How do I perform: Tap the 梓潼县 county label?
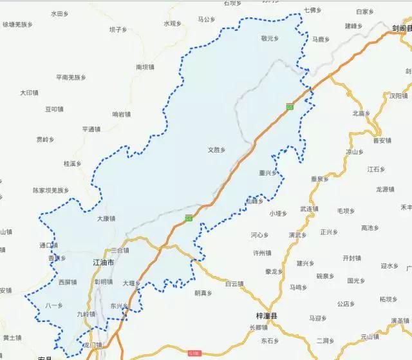click(x=266, y=316)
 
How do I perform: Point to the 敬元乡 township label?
click(x=270, y=39)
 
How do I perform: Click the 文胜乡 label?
click(x=216, y=149)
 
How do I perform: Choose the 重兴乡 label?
click(x=267, y=173)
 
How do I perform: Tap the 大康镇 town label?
click(x=106, y=218)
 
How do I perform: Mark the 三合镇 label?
click(x=120, y=250)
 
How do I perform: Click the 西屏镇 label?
click(x=67, y=282)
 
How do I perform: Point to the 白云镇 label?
click(x=234, y=283)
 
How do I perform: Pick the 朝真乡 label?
click(x=203, y=293)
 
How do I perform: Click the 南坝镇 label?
click(x=145, y=66)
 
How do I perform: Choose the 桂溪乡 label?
click(x=72, y=164)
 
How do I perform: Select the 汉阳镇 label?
click(x=398, y=95)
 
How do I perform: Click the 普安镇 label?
click(x=382, y=140)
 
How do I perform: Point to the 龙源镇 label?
click(x=384, y=189)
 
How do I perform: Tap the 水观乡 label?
click(x=173, y=23)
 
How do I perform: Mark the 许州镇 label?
click(x=261, y=253)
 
